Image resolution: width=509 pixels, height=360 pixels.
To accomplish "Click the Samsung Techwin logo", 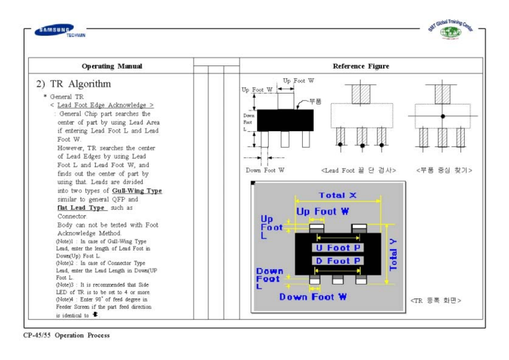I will (58, 31).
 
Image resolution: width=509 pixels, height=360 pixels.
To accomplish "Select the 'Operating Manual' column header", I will (112, 66).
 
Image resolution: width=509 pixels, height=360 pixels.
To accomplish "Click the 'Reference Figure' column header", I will (361, 66).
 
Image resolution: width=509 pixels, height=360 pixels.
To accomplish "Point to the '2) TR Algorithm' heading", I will (74, 84).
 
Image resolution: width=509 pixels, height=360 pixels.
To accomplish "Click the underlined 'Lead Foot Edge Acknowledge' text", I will (102, 105).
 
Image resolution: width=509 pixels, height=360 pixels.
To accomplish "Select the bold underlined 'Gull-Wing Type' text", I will (137, 191).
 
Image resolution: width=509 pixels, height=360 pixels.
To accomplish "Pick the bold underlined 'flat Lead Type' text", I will (81, 208).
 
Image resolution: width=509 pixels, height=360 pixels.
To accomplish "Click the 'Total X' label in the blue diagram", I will (337, 195).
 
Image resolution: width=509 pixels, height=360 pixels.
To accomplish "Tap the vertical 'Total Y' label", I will (393, 255).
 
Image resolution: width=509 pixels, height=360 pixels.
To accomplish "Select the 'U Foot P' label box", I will (338, 248).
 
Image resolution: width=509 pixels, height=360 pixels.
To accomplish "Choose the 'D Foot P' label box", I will (338, 261).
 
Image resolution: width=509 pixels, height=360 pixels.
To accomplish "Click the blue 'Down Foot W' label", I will (313, 297).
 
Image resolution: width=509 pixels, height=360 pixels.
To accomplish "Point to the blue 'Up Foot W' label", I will (322, 211).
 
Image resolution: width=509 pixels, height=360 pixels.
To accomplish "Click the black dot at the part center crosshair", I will (443, 116).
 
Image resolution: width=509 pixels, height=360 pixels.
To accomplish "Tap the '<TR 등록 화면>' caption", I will (436, 301).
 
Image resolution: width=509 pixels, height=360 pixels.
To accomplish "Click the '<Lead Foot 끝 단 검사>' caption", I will (358, 170).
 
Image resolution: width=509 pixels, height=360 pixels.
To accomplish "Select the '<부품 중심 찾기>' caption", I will (444, 170).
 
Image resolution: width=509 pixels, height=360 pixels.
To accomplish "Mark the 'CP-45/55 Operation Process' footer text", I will (67, 335).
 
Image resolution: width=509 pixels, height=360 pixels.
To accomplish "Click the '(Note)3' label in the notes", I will (65, 285).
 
